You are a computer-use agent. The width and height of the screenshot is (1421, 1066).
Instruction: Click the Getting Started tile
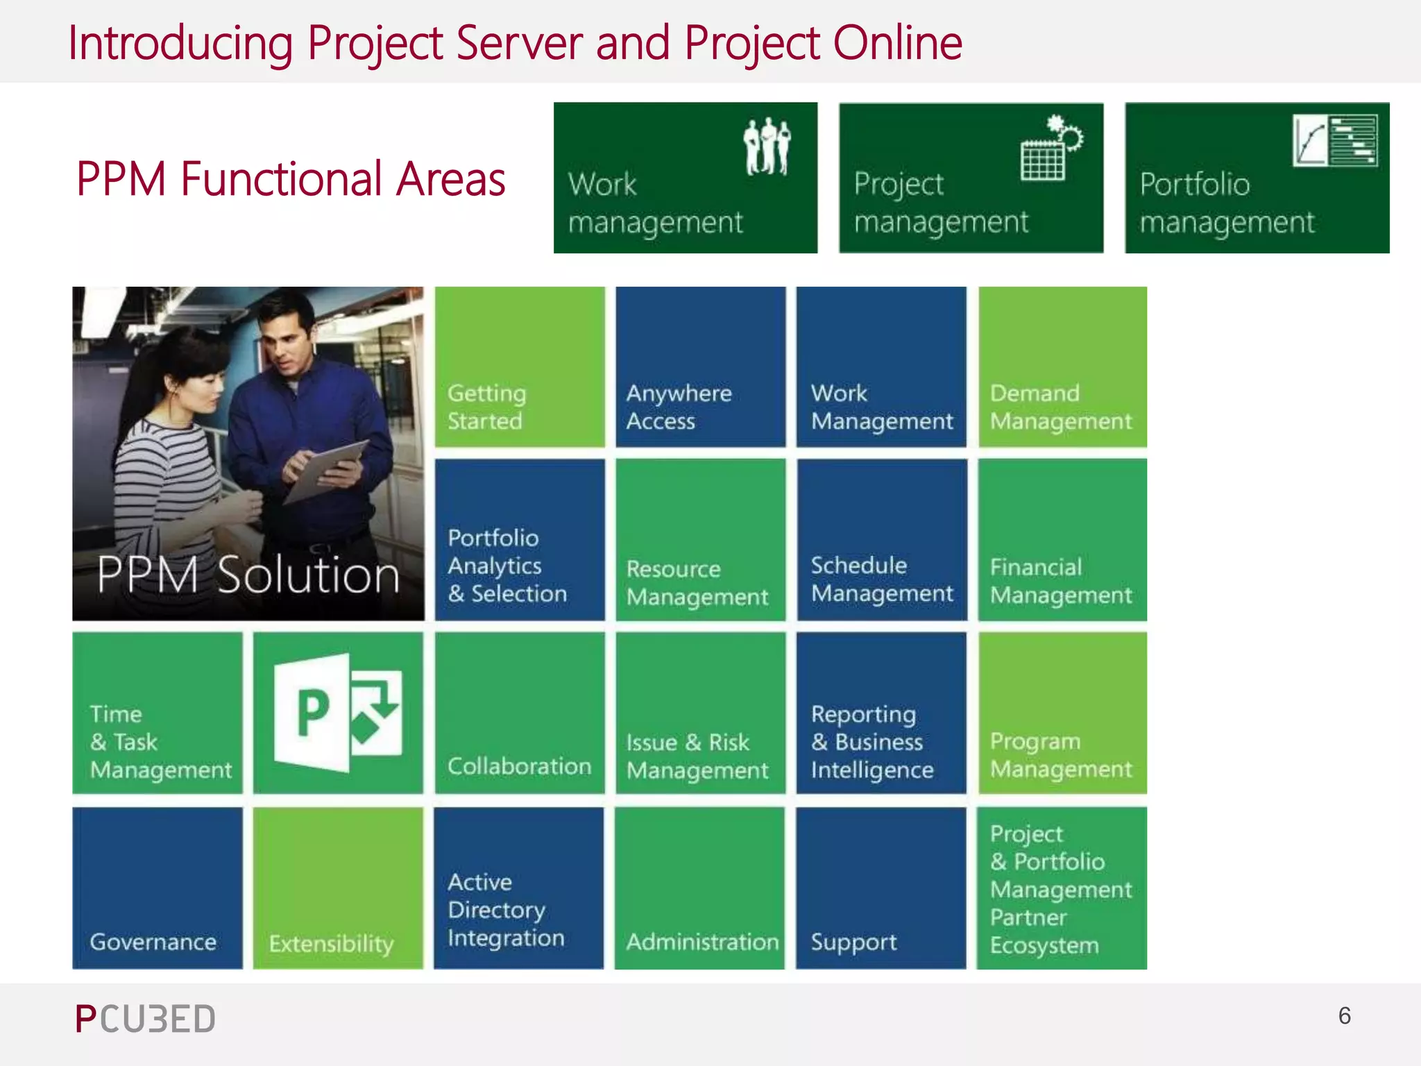pos(520,366)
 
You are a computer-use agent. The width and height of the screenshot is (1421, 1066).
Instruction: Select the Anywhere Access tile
pos(700,366)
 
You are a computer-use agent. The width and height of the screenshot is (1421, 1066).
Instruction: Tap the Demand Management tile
pos(1062,366)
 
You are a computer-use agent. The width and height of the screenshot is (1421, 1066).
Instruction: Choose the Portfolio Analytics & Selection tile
pos(520,539)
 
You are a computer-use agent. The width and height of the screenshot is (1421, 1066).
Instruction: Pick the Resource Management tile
pos(700,539)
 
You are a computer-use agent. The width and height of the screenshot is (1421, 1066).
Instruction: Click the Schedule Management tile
pos(881,539)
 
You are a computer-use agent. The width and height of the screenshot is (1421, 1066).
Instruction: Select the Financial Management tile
pos(1062,539)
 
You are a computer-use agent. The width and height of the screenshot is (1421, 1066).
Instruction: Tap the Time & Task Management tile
pos(158,713)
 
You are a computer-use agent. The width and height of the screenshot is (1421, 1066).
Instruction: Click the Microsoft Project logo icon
pos(338,713)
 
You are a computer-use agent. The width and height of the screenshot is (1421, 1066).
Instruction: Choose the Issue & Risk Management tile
pos(700,713)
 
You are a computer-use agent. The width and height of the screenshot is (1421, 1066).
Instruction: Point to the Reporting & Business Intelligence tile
pos(881,713)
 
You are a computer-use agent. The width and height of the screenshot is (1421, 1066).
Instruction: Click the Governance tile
pos(158,888)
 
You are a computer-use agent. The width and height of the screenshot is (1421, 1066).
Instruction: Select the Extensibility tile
pos(338,888)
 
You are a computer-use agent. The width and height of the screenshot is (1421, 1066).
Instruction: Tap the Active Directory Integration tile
pos(519,888)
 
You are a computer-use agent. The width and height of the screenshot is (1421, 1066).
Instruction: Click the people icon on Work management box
pos(767,146)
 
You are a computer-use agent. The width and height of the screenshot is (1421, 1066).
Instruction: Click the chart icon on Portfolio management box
pos(1334,141)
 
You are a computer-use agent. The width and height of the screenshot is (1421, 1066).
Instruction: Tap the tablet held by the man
pos(327,469)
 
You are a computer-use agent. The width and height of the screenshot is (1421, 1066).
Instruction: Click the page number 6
pos(1344,1016)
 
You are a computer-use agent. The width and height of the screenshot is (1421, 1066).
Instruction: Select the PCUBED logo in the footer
pos(145,1019)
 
